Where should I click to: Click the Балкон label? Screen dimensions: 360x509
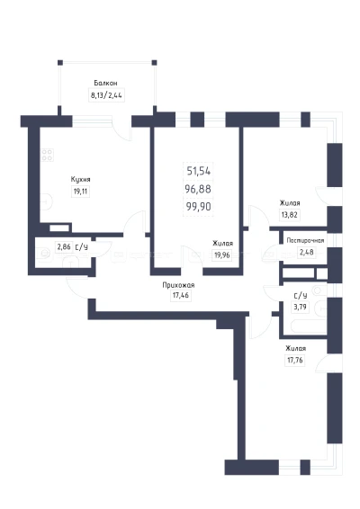point(105,83)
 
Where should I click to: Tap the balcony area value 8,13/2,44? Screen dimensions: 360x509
point(106,95)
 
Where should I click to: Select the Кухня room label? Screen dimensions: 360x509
point(81,180)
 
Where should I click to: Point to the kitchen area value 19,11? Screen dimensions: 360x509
point(80,192)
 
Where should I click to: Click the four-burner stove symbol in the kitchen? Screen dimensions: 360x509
point(47,155)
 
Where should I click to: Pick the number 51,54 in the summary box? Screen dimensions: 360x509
point(199,171)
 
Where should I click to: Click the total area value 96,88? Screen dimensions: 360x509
point(198,189)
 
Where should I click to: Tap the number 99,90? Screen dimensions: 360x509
point(198,206)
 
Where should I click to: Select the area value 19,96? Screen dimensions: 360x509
point(222,255)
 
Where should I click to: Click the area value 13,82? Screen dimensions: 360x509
point(289,215)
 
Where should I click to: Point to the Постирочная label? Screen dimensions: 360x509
point(305,240)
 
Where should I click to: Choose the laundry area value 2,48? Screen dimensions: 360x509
point(306,252)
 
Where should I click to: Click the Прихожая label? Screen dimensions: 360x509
point(178,285)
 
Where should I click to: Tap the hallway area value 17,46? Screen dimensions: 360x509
point(181,295)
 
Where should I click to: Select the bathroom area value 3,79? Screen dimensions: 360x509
point(300,307)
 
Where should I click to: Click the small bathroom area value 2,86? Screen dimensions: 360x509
point(64,247)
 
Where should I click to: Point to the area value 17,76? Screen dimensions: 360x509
point(295,360)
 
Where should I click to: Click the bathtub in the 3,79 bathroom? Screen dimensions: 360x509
point(309,326)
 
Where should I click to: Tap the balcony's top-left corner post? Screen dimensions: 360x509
point(60,63)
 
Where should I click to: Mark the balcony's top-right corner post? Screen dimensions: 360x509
point(154,63)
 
